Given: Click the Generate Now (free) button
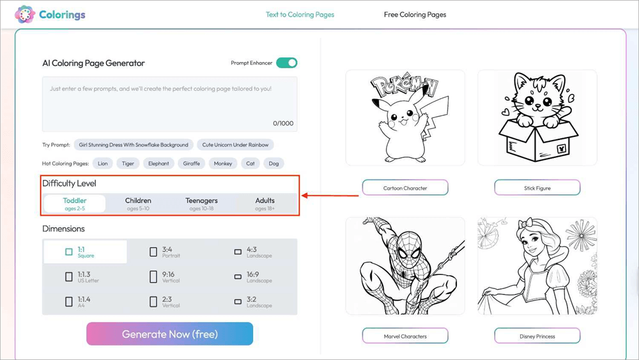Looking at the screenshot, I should (169, 334).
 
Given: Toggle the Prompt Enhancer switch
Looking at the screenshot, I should (287, 63).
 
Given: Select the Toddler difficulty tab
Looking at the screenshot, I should (75, 203).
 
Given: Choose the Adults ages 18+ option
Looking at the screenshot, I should (265, 203).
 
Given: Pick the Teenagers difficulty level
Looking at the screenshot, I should (201, 203).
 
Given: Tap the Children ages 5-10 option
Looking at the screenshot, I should (138, 203).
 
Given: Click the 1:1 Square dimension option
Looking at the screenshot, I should (84, 252).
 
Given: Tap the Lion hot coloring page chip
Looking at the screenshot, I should (103, 164).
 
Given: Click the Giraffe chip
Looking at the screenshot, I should (191, 164).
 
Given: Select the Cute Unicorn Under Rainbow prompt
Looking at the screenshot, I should (236, 145).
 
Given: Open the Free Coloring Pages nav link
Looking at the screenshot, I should (415, 15).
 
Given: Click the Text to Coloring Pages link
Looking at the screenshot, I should (300, 15).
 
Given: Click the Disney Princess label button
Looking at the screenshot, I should (537, 336).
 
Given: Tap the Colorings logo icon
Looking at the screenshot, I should (25, 14).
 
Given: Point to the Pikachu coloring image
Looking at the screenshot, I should (405, 118).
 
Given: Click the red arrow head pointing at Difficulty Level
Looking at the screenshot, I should (305, 196).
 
